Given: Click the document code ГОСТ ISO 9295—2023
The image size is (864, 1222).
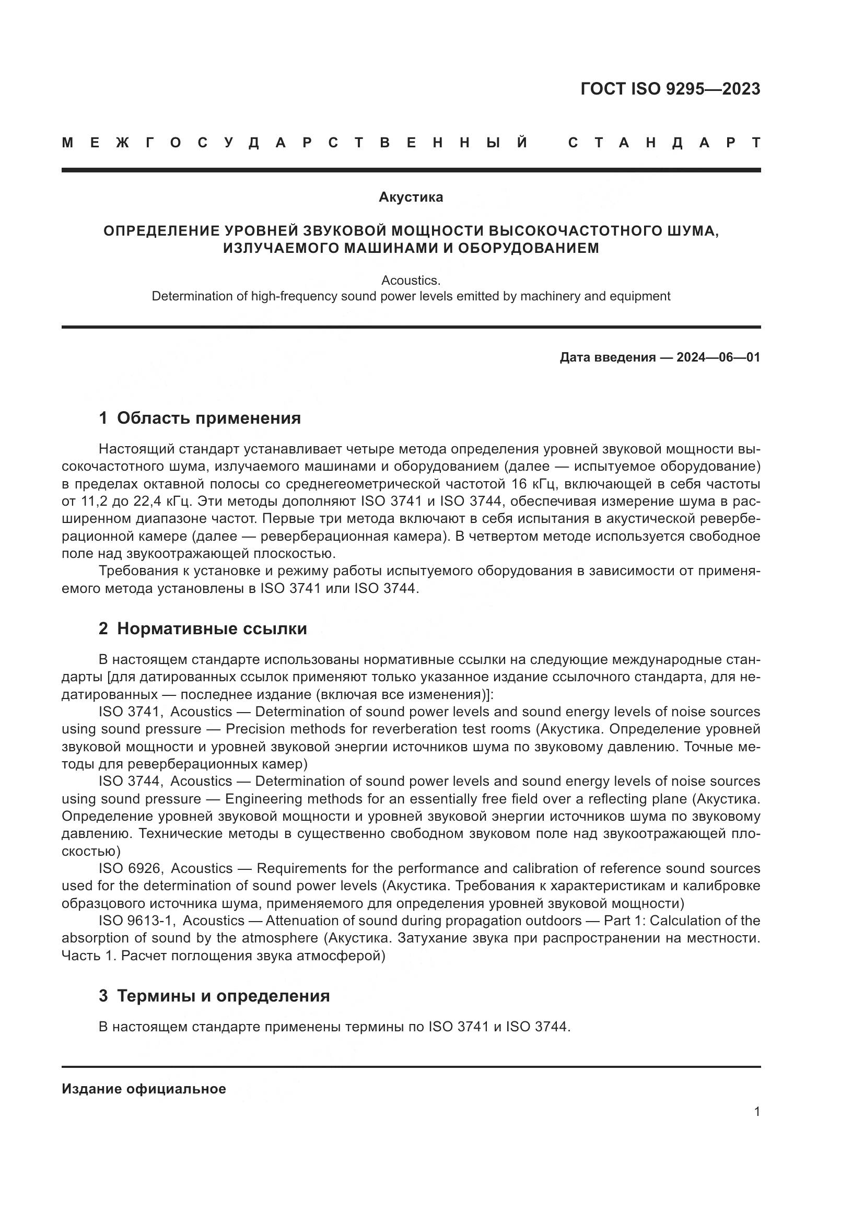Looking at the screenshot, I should [670, 89].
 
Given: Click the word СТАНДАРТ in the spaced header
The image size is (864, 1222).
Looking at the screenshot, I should [664, 143].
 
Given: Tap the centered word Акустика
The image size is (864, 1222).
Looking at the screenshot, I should [411, 197].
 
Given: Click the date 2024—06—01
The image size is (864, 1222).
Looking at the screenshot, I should [718, 357].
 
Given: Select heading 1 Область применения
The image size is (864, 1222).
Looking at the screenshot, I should [200, 418].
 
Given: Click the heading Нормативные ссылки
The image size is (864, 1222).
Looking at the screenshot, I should [212, 629].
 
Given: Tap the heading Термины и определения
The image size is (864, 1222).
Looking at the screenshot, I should [223, 995].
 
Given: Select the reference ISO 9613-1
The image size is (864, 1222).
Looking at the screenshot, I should [138, 921].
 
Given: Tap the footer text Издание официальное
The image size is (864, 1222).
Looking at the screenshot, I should [144, 1089].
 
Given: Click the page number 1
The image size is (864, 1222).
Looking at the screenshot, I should [756, 1111].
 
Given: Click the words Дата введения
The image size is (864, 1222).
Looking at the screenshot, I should [607, 357].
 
